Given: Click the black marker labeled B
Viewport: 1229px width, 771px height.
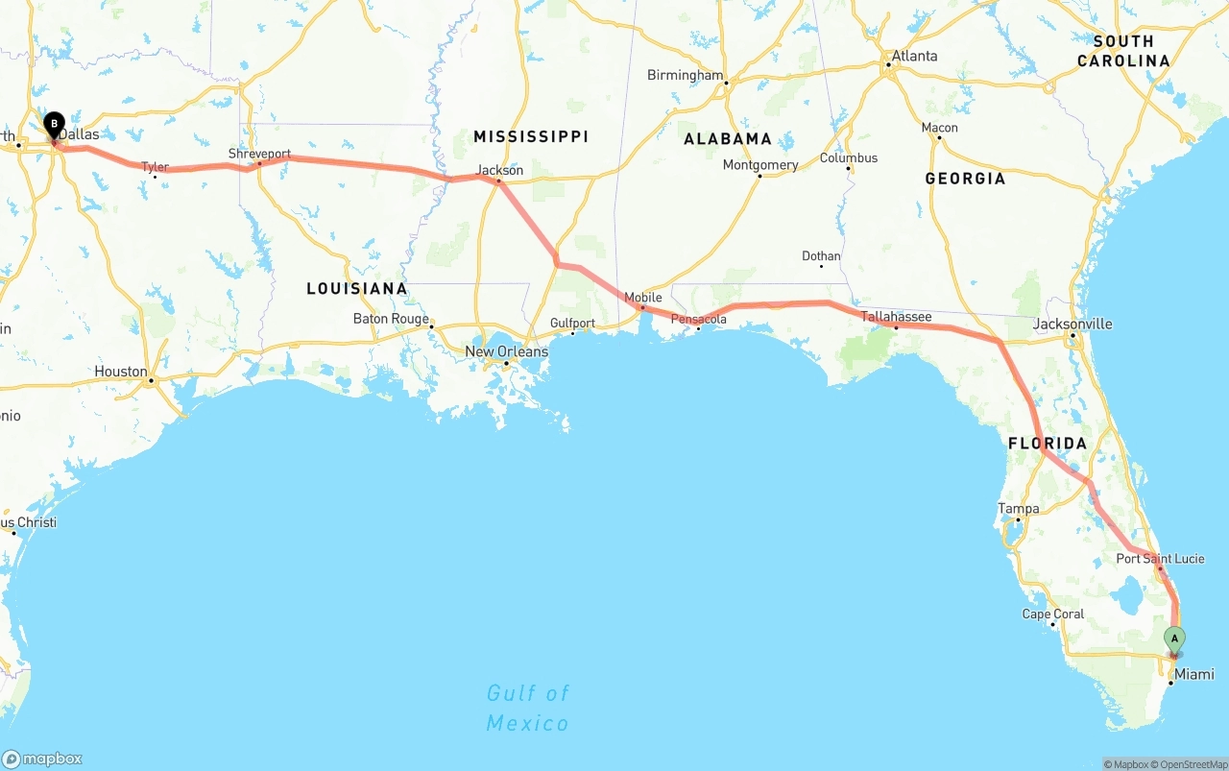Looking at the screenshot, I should (55, 125).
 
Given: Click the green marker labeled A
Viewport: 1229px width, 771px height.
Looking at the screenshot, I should (1174, 639).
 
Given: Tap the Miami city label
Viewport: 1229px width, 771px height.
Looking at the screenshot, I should (1194, 674).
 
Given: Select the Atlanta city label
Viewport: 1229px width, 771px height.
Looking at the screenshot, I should (914, 56).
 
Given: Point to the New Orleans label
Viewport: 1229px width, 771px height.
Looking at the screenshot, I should (506, 351).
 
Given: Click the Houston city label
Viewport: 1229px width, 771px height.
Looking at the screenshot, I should (121, 371).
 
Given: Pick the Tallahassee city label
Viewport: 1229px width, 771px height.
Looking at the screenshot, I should (896, 316).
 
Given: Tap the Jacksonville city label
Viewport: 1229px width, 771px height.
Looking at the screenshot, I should (1072, 324).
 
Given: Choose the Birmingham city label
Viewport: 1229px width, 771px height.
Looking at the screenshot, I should (685, 75).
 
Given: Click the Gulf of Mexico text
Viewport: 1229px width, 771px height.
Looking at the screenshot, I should (527, 708).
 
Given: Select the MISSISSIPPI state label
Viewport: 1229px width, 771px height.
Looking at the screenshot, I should (531, 136).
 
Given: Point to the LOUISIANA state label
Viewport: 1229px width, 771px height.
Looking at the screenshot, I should (357, 288).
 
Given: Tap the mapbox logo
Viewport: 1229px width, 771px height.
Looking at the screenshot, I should (42, 759).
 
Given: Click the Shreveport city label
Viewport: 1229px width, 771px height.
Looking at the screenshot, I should (259, 154).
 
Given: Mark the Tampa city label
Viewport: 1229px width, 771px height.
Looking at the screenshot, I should (1018, 508).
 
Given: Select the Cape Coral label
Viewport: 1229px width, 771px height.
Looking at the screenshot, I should (1052, 614).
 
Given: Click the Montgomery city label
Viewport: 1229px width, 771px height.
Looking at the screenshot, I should (760, 165).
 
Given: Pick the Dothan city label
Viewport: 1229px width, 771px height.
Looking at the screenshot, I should (821, 255).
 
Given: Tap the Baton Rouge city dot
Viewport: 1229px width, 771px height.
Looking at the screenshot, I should (432, 326).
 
